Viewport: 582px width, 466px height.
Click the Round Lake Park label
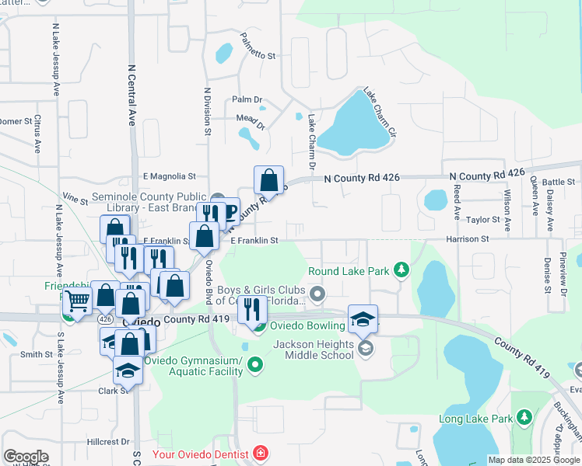click(348, 271)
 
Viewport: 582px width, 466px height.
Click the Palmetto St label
click(258, 56)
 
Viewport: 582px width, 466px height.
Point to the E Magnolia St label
click(169, 177)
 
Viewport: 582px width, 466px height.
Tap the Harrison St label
click(468, 239)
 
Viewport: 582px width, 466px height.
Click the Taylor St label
click(482, 220)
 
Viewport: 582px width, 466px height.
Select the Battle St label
click(558, 182)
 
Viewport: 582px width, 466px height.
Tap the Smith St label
click(36, 355)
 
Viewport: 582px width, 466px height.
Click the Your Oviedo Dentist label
click(200, 454)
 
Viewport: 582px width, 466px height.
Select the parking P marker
click(230, 210)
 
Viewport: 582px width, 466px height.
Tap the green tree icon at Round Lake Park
click(401, 270)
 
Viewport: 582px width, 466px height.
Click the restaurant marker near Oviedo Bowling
click(251, 309)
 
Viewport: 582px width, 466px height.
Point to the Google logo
click(26, 456)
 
